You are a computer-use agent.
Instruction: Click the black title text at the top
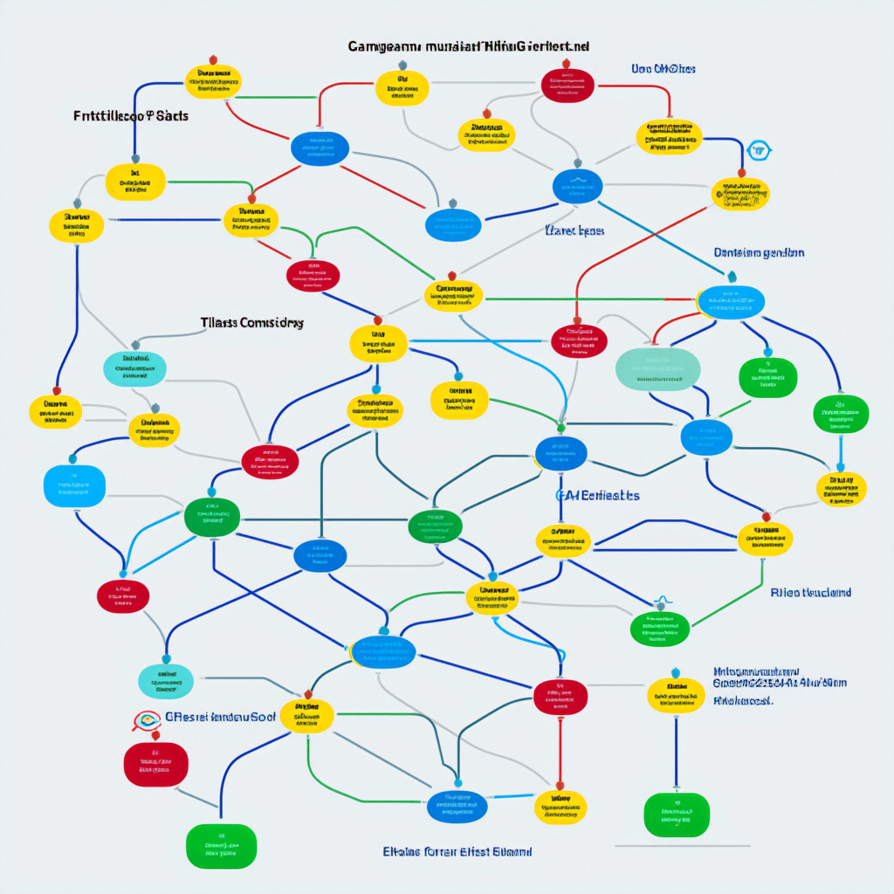[468, 46]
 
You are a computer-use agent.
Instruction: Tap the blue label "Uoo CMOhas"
[664, 69]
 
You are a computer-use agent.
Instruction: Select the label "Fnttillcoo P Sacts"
[131, 115]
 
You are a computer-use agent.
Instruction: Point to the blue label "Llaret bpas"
[574, 231]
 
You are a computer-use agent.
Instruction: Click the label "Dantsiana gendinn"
[759, 252]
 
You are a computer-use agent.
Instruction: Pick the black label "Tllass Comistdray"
[252, 322]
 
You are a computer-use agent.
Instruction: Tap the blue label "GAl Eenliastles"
[598, 495]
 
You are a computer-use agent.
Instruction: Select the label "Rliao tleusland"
[810, 593]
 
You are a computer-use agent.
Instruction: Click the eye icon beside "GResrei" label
[148, 720]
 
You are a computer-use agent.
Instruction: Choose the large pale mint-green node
[657, 368]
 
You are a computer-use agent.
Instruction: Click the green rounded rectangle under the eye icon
[221, 845]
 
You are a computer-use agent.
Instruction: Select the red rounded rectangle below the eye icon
[156, 764]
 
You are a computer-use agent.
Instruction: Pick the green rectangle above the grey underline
[677, 815]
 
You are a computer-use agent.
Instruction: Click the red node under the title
[567, 85]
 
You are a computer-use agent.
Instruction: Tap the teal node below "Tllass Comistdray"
[134, 368]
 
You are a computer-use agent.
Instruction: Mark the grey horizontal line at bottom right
[682, 846]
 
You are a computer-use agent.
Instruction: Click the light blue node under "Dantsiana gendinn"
[731, 301]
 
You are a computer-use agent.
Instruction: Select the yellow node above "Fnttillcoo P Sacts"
[213, 81]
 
